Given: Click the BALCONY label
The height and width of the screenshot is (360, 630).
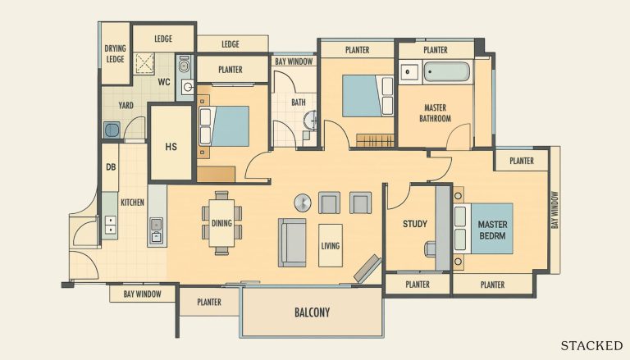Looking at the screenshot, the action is [x=313, y=312].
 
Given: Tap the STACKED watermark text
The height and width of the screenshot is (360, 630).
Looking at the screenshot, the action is [x=591, y=345].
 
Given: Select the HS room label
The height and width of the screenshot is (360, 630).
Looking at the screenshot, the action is [x=171, y=147].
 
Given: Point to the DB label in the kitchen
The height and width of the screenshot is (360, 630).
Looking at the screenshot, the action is [x=111, y=166].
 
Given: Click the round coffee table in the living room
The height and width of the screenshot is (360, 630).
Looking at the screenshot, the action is [x=303, y=203].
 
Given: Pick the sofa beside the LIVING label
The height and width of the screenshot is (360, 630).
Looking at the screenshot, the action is [x=292, y=243].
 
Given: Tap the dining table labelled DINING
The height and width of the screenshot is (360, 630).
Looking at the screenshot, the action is [x=221, y=223].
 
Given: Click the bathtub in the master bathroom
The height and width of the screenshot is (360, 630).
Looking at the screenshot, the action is [x=447, y=72].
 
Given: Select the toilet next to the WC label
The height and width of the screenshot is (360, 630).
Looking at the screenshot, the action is [x=184, y=64].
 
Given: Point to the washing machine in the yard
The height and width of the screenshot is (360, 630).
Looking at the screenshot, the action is [x=112, y=130].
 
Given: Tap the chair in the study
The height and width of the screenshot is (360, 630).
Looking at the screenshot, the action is [x=430, y=249].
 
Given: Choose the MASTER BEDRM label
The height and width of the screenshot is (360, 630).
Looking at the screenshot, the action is [x=492, y=230].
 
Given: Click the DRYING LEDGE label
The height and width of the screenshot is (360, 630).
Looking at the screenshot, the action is [x=116, y=53].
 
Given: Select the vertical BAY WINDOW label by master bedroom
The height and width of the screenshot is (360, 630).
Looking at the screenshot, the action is [x=555, y=210].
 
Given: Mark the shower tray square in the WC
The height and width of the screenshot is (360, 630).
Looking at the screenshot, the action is [x=144, y=63].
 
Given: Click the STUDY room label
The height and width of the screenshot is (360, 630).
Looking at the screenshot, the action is [x=415, y=224].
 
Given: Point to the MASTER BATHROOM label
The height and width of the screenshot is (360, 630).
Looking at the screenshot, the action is [x=435, y=113].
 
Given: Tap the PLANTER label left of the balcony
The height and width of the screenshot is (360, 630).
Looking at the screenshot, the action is [x=209, y=302].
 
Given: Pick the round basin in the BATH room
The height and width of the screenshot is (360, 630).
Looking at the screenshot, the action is [x=310, y=120].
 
